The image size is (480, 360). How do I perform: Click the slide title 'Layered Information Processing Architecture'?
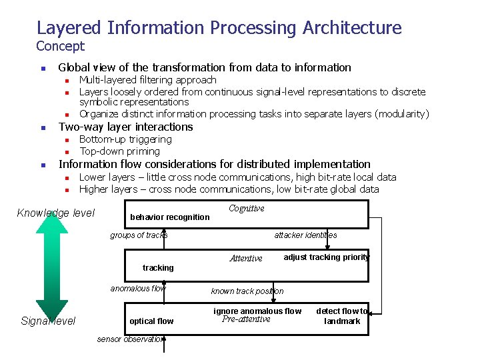click(x=219, y=28)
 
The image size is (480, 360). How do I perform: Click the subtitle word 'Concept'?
click(x=61, y=46)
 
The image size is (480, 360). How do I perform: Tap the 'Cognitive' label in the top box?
click(x=246, y=209)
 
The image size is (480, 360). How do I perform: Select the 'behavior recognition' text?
click(x=169, y=217)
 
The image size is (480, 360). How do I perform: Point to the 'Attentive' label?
click(x=246, y=259)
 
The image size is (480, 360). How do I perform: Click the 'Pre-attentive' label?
click(x=246, y=319)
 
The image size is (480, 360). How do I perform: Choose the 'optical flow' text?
click(x=151, y=321)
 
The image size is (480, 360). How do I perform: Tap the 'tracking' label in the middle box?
click(x=158, y=268)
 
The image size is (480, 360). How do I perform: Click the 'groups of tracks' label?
click(x=139, y=235)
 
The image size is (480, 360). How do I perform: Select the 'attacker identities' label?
click(x=305, y=235)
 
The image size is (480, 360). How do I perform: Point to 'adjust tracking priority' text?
click(x=326, y=257)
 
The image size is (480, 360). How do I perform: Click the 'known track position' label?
click(x=247, y=291)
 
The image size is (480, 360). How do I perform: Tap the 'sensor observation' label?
click(x=130, y=339)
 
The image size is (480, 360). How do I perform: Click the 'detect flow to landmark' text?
click(x=342, y=316)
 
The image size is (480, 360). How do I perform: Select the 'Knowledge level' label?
click(x=55, y=213)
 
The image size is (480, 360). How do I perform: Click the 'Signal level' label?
click(x=48, y=321)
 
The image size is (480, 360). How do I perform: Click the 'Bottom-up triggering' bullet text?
click(x=125, y=139)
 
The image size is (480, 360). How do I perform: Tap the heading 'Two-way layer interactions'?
click(x=126, y=127)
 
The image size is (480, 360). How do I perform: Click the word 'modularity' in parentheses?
click(x=402, y=114)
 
